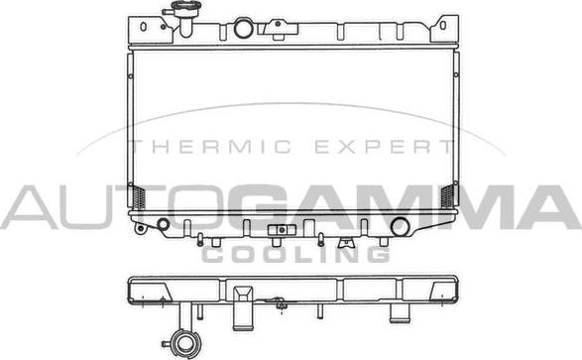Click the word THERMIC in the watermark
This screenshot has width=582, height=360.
click(206, 147)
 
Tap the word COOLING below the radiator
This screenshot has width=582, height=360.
click(294, 254)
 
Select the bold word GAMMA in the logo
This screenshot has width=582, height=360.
click(397, 206)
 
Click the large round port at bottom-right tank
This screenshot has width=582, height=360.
click(403, 225)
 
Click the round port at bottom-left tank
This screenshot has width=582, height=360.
click(163, 222)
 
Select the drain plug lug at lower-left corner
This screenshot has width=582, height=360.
click(141, 229)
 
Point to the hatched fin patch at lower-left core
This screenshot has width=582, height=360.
click(138, 195)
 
